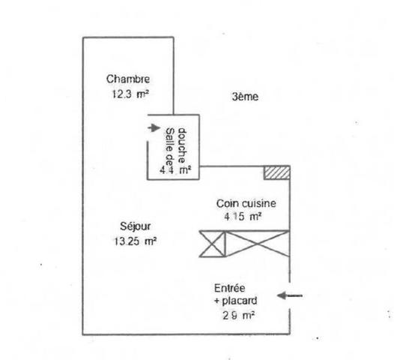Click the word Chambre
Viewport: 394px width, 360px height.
[128, 79]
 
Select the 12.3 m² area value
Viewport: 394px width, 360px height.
[130, 94]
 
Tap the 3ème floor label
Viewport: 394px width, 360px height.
[245, 97]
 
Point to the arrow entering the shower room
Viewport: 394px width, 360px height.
[154, 127]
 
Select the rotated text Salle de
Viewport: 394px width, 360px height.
[170, 147]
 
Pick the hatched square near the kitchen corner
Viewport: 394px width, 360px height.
[277, 172]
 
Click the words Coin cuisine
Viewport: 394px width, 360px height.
[246, 203]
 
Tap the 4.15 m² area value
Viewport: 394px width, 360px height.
[243, 217]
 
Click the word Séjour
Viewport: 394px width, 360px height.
[136, 226]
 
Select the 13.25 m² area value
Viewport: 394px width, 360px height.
[136, 241]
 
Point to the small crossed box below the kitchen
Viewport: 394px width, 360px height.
[212, 244]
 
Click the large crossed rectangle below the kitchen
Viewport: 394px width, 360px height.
[258, 244]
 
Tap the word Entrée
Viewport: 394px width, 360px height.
[229, 288]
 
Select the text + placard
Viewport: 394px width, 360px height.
[236, 301]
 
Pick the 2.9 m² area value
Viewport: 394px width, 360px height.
[238, 316]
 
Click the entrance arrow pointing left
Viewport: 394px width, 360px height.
[289, 295]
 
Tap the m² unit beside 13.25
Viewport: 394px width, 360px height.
[151, 241]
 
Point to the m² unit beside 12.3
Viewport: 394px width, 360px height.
[142, 94]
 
